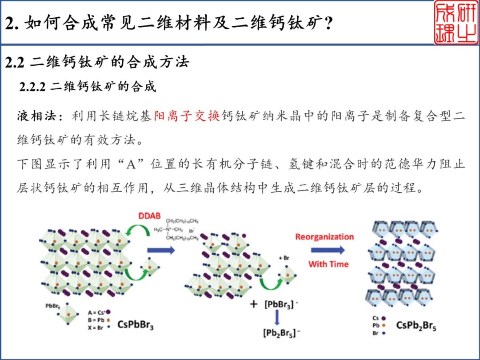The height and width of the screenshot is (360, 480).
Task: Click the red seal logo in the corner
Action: [456, 23]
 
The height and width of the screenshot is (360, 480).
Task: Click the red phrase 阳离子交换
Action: [187, 116]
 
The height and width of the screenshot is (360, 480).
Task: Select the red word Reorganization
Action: [324, 236]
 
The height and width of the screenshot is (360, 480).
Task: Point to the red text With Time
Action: [328, 264]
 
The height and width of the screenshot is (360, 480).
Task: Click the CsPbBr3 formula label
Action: [136, 324]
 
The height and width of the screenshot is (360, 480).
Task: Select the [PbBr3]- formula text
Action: [279, 305]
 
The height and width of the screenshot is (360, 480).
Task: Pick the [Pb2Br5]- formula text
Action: [279, 332]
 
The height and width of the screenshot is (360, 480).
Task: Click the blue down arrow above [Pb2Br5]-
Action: [276, 318]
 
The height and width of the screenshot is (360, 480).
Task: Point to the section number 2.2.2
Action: [32, 86]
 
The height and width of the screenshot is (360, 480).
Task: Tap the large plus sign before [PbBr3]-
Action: [254, 304]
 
